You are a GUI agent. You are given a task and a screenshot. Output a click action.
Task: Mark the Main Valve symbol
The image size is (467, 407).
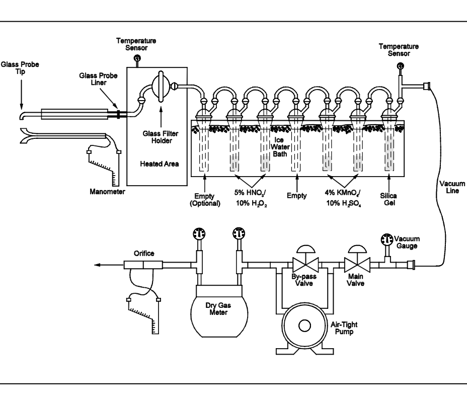357,264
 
